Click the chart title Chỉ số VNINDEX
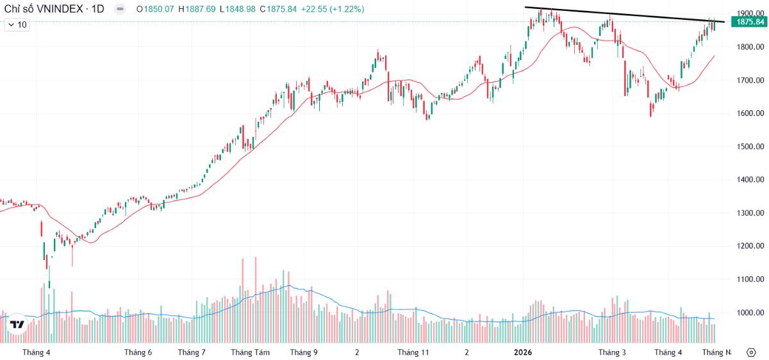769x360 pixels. tap(45, 10)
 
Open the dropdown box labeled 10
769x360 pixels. tap(17, 24)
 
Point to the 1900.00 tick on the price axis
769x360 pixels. tap(750, 13)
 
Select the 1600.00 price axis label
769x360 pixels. tap(750, 113)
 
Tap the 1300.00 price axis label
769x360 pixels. tap(750, 213)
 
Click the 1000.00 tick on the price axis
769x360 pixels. tap(750, 313)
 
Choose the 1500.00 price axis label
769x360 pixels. tap(750, 147)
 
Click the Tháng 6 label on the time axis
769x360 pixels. tap(138, 352)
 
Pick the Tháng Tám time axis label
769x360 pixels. tap(250, 352)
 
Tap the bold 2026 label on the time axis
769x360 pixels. tap(524, 352)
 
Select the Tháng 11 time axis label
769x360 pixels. tap(413, 352)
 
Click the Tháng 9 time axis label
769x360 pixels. tap(303, 352)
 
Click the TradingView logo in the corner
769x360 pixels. tap(17, 325)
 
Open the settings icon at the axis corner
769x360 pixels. tap(750, 352)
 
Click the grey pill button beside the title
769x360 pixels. tap(120, 10)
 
